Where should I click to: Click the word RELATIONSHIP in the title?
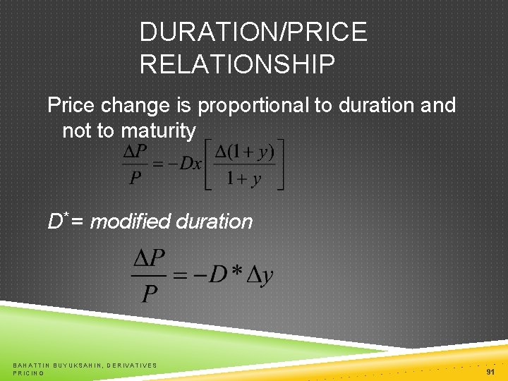click(237, 64)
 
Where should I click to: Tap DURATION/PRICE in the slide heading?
click(253, 32)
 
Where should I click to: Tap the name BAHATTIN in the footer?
click(33, 365)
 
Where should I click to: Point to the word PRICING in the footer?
click(28, 373)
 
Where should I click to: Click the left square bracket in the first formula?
click(208, 164)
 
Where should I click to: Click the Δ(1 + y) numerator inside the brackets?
click(244, 150)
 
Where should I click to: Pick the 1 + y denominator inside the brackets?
click(244, 179)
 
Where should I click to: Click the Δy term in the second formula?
click(260, 274)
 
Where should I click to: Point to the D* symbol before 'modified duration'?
click(56, 221)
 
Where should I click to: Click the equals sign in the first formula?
click(159, 164)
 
